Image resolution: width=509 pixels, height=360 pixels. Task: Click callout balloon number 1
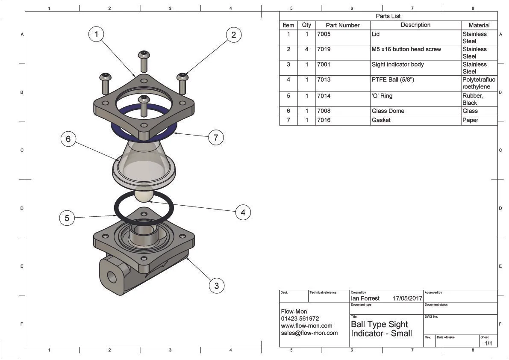click(x=97, y=34)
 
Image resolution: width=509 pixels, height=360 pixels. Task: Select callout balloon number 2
click(x=233, y=35)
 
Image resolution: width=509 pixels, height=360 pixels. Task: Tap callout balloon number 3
click(x=217, y=286)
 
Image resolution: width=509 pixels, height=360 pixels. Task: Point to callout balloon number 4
click(x=243, y=212)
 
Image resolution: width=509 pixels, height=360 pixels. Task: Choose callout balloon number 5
click(x=67, y=218)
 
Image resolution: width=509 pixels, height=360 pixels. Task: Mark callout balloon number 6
click(x=68, y=139)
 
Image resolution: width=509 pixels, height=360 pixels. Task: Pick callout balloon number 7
click(x=216, y=137)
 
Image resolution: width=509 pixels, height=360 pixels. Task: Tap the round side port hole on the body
click(x=112, y=277)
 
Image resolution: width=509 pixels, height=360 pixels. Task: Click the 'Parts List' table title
click(x=388, y=16)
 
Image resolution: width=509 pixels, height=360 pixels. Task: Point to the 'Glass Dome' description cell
click(x=388, y=111)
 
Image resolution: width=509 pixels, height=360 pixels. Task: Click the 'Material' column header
click(x=479, y=25)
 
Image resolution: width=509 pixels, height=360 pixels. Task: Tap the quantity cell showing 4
click(x=306, y=49)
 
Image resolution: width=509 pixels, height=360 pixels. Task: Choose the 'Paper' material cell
click(x=470, y=120)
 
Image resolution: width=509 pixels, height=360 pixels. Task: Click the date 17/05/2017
click(x=407, y=298)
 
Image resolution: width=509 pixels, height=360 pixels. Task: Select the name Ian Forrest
click(x=365, y=298)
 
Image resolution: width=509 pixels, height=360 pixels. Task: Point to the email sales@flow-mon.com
click(x=309, y=333)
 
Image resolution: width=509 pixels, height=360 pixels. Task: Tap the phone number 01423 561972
click(x=300, y=319)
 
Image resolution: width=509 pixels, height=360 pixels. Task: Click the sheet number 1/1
click(x=488, y=343)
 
